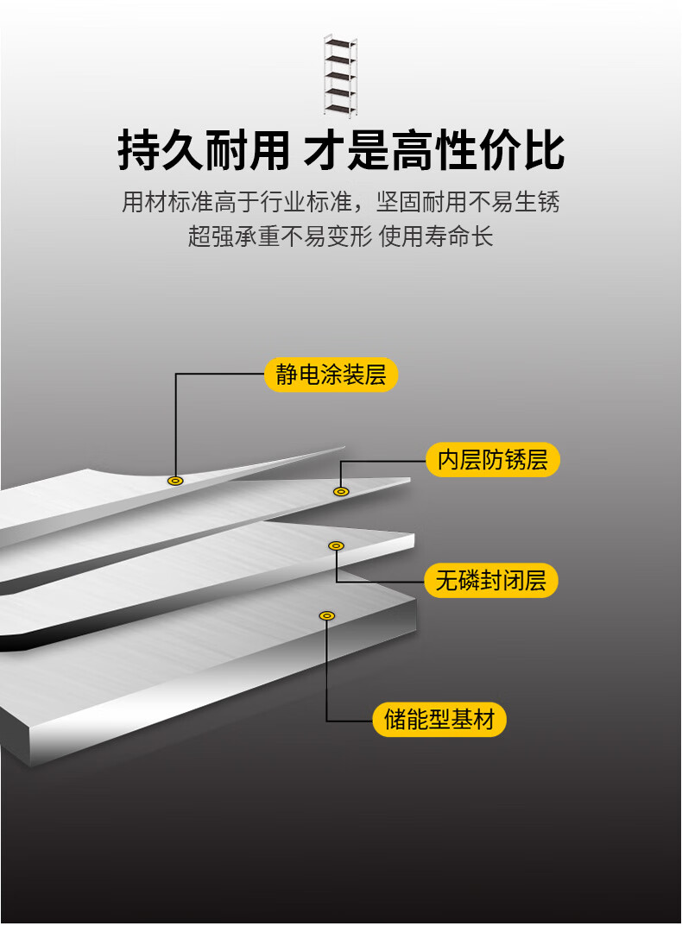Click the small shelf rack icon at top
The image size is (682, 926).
click(x=340, y=76)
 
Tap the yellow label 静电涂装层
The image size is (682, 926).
click(x=332, y=375)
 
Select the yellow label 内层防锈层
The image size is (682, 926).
click(x=493, y=460)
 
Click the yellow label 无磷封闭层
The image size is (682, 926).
click(x=491, y=580)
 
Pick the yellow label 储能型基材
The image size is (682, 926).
click(x=439, y=719)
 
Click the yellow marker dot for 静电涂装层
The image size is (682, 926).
click(x=175, y=480)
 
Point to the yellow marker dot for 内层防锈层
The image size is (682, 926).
click(x=341, y=491)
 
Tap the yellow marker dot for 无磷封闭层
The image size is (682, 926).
click(x=336, y=545)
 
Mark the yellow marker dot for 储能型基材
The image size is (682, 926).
click(x=326, y=615)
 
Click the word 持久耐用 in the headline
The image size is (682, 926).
click(x=204, y=152)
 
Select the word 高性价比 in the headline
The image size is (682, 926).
click(x=478, y=152)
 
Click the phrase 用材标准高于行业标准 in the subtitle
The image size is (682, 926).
click(x=237, y=203)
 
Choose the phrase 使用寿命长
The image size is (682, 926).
click(x=436, y=236)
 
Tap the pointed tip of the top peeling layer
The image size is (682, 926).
click(x=342, y=448)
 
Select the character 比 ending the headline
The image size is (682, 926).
click(x=544, y=152)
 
